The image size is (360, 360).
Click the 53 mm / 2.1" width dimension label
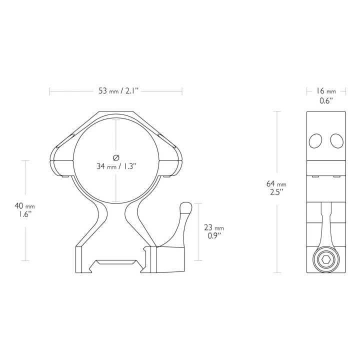118,91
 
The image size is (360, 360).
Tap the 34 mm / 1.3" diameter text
116,166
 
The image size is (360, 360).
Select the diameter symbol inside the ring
116,157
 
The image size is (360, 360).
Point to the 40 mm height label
24,205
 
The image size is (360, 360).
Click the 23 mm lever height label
214,227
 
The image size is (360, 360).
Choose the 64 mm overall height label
276,183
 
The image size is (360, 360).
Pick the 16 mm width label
326,91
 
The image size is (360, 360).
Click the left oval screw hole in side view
315,141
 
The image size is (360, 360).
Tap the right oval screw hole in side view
337,141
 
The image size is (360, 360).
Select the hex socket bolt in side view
326,259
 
